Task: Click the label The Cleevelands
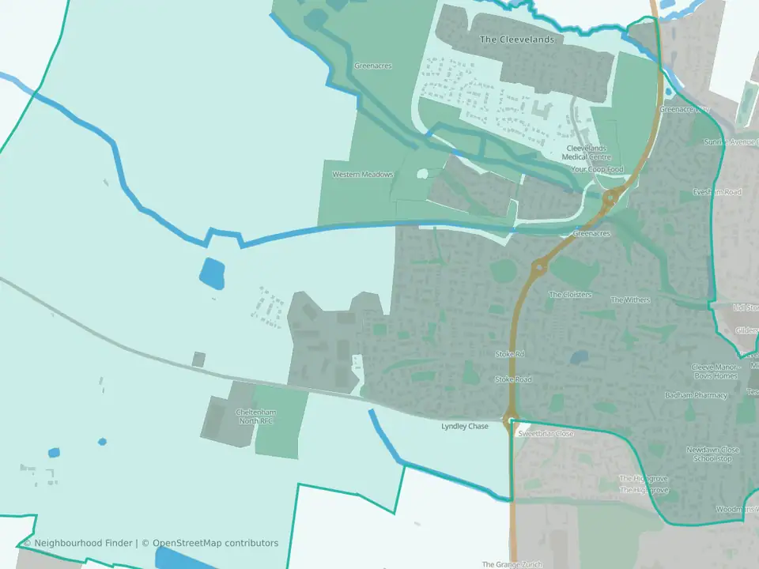point(518,39)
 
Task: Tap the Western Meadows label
point(362,175)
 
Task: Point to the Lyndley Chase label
point(465,427)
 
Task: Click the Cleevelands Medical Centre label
point(586,153)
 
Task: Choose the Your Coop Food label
point(597,170)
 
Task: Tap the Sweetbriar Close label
point(546,434)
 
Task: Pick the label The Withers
point(629,300)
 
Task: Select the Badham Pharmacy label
point(696,395)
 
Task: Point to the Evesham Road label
point(717,192)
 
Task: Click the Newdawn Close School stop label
point(713,454)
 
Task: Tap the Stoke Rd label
point(510,354)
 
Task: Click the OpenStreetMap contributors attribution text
point(215,543)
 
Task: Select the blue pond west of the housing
point(212,273)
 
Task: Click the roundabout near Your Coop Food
point(610,198)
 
